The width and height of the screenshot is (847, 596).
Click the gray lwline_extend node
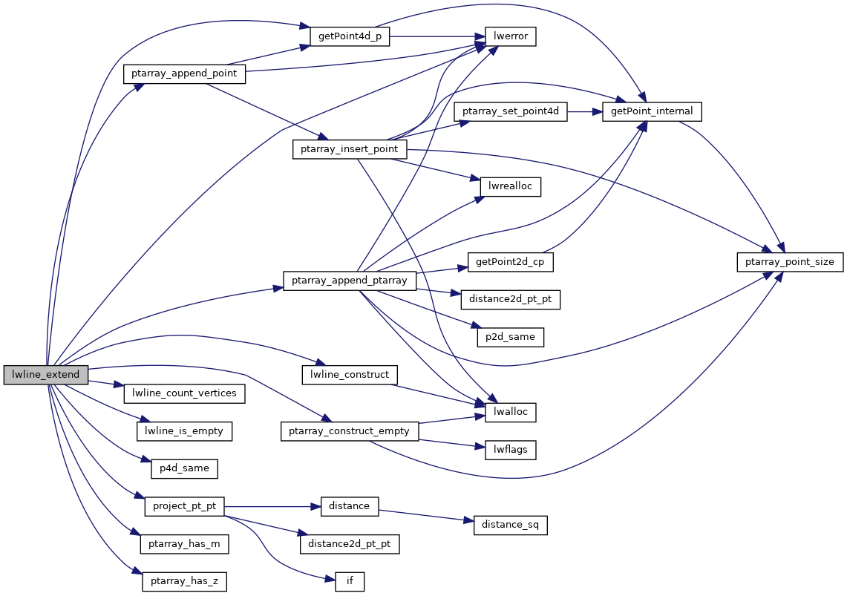coord(46,375)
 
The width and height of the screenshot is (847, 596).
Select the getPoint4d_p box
coord(350,36)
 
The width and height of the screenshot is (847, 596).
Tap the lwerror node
coord(511,36)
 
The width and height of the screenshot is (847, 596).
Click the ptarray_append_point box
coord(184,73)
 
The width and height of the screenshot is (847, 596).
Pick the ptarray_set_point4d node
coord(511,111)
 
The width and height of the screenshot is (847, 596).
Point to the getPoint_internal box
coord(652,111)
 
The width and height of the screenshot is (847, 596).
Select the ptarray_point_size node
coord(790,262)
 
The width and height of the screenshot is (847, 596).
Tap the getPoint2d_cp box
coord(511,262)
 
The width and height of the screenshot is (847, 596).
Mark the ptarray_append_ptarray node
coord(350,281)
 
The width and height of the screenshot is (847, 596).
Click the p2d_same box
coord(511,337)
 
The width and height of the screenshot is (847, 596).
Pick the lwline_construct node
coord(350,375)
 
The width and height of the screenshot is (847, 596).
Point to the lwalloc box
coord(511,412)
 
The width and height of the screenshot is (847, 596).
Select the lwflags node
coord(511,449)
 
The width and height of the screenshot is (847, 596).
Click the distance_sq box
coord(511,525)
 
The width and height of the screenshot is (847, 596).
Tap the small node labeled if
coord(350,581)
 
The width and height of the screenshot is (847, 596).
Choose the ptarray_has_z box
coord(183,581)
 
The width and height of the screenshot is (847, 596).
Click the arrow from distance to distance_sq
coord(426,516)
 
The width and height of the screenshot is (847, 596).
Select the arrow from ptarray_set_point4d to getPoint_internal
coord(586,111)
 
